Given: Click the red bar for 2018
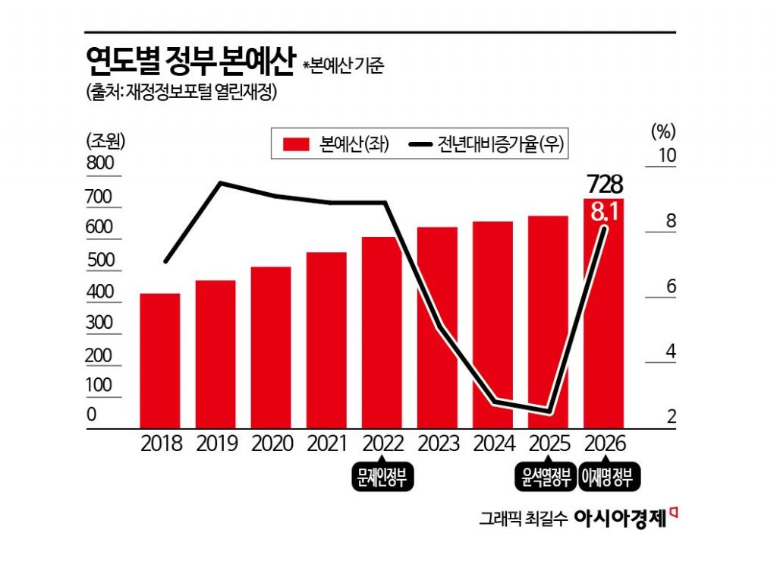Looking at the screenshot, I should pyautogui.click(x=160, y=361).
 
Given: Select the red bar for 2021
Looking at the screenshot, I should pyautogui.click(x=326, y=340).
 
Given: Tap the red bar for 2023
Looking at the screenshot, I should pyautogui.click(x=437, y=327).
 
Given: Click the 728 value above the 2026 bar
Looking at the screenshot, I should pyautogui.click(x=605, y=184).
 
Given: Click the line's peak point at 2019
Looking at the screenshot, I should pyautogui.click(x=221, y=183).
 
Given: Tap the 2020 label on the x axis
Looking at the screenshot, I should pyautogui.click(x=271, y=443).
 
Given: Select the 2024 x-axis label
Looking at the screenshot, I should pyautogui.click(x=493, y=443).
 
